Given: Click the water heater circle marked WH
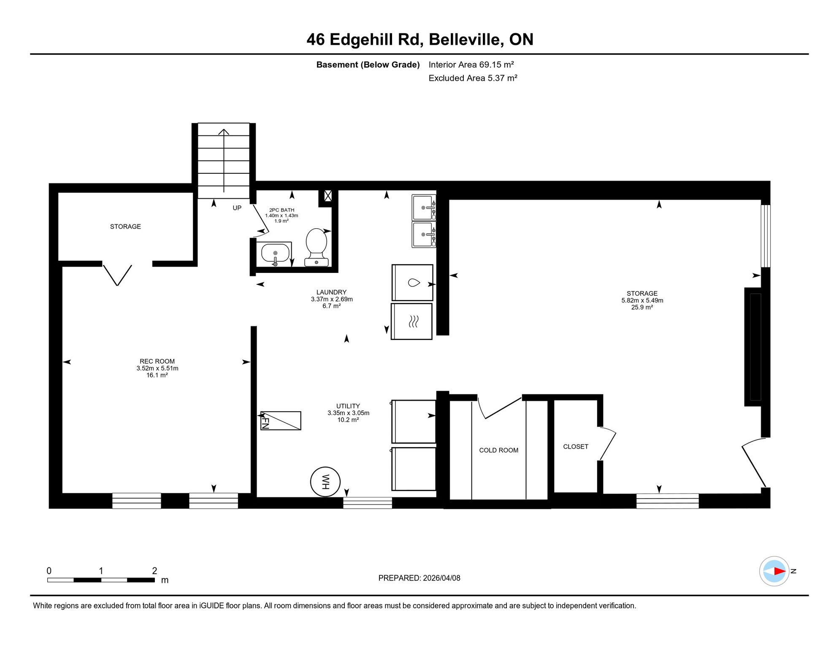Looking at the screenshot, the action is click(325, 481).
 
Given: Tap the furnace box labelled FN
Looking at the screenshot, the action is click(281, 421).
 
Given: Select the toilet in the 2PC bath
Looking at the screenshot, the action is click(317, 247).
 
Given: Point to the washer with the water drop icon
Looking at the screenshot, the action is click(412, 283).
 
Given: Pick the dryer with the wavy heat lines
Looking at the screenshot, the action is click(412, 321).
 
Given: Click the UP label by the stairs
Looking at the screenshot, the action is click(237, 208).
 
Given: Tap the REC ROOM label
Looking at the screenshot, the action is click(157, 361).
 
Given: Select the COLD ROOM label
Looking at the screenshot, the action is click(499, 450).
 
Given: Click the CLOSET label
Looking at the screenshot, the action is click(576, 446).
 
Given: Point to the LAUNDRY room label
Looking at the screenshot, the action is click(331, 292).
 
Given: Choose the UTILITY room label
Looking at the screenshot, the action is click(348, 406).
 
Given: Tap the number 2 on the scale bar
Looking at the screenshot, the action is click(154, 571).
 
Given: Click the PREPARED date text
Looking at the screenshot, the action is click(419, 578).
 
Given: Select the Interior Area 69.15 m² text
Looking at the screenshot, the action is click(471, 65).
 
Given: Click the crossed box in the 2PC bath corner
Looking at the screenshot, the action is click(328, 196).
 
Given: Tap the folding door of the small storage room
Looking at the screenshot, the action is click(117, 275).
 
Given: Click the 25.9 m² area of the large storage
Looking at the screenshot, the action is click(642, 307).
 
